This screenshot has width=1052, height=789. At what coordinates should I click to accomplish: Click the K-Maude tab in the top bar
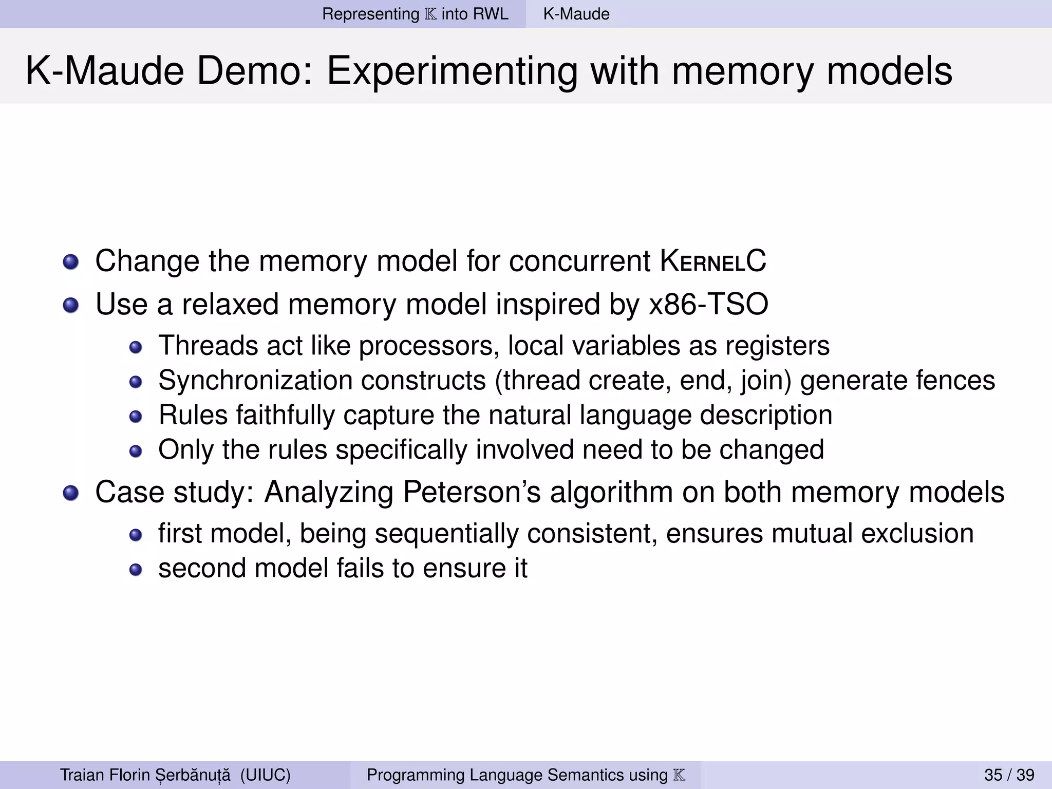[576, 14]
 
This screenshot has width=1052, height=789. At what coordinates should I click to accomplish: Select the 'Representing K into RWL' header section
[415, 14]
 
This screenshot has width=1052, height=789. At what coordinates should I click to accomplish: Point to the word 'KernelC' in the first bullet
[713, 261]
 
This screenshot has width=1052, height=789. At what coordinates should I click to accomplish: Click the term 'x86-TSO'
[709, 304]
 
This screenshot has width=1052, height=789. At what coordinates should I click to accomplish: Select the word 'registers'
[777, 346]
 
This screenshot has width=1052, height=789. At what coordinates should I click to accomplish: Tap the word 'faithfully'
[285, 415]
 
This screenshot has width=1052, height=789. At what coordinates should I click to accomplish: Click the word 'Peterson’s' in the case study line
[472, 492]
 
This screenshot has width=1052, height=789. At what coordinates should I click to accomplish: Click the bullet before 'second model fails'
[135, 570]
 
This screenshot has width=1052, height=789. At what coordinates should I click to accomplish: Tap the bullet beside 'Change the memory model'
[71, 262]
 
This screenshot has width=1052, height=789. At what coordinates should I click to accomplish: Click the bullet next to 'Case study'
[71, 494]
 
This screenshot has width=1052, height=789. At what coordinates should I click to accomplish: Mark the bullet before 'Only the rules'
[135, 451]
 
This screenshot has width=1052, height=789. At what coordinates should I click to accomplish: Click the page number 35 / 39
[1009, 775]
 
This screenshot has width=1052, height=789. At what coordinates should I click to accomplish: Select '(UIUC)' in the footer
[265, 775]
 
